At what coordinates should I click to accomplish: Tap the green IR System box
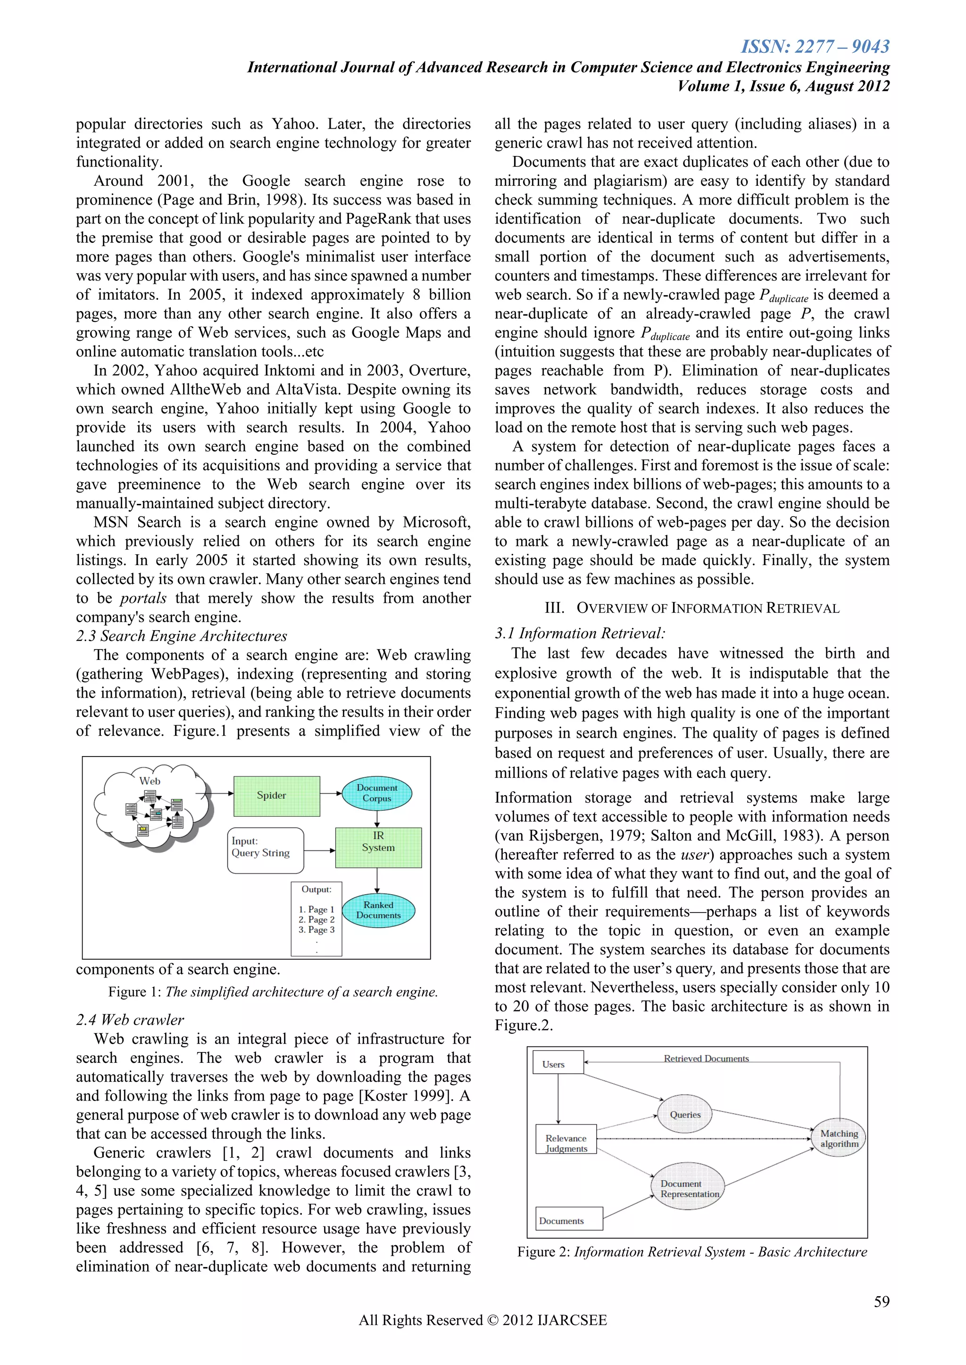point(378,847)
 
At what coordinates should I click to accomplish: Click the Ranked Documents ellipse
point(378,910)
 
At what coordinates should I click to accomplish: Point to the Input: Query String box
point(265,850)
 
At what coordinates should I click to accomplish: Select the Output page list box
point(316,919)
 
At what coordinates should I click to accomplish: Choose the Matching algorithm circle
point(839,1138)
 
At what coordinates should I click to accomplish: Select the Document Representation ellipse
point(689,1188)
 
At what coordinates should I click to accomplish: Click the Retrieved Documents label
point(706,1059)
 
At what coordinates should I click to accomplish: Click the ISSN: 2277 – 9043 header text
point(815,46)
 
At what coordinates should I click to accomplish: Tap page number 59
point(882,1301)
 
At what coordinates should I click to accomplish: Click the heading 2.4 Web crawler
point(130,1020)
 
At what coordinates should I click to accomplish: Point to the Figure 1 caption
point(273,992)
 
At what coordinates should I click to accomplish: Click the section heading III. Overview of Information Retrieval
point(692,608)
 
